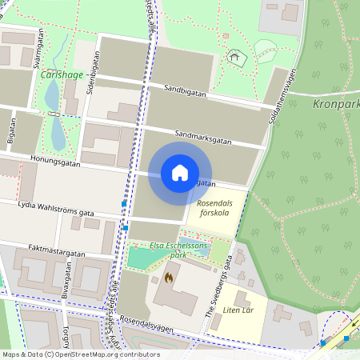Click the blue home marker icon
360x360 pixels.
[x=180, y=173]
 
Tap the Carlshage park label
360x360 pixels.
[x=62, y=74]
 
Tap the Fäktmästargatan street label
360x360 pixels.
[x=56, y=252]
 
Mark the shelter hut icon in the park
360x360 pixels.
[x=234, y=56]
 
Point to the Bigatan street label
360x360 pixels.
[x=11, y=131]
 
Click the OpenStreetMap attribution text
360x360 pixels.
[x=80, y=354]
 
